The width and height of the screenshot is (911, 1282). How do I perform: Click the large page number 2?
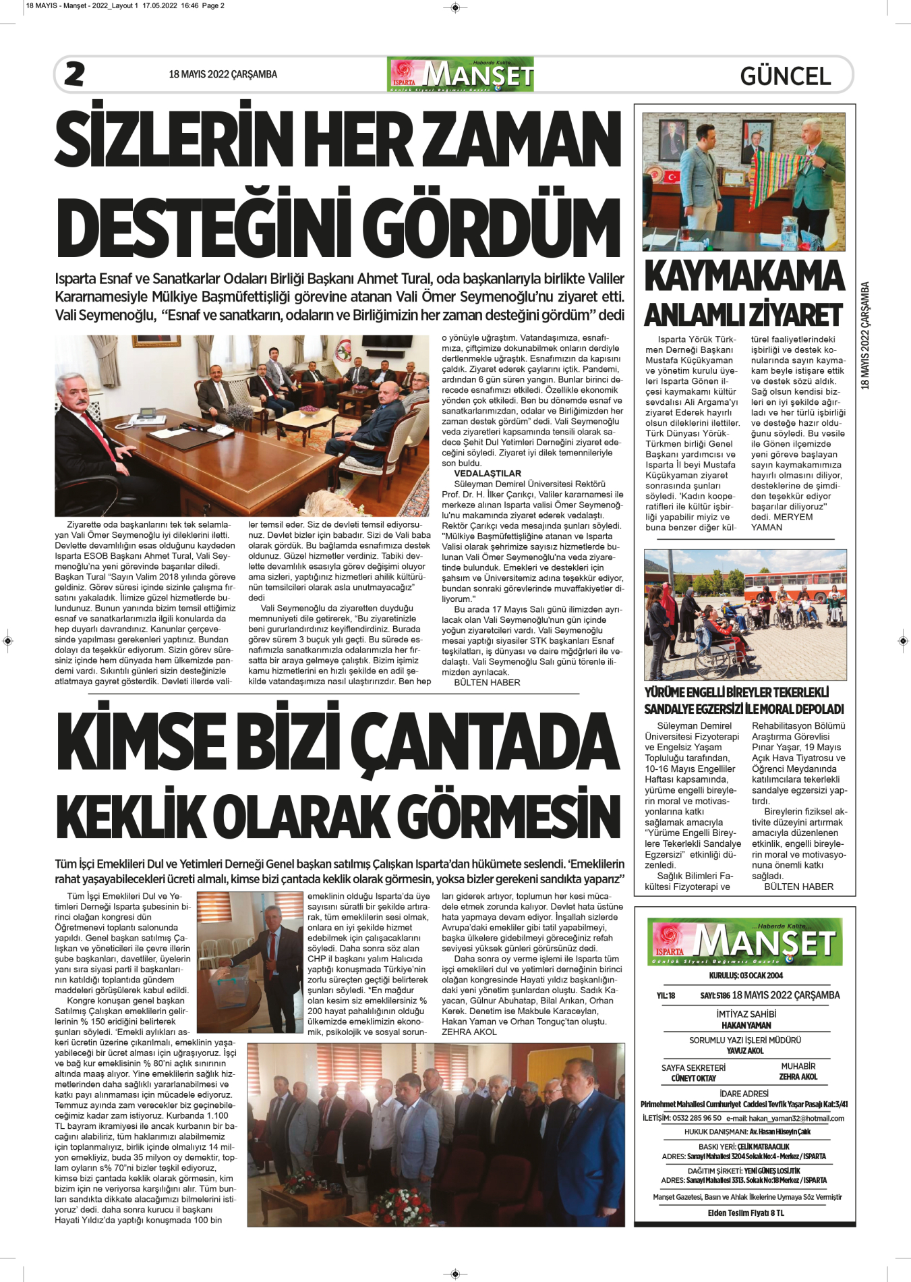tap(74, 74)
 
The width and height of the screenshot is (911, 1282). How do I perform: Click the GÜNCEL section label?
tap(785, 76)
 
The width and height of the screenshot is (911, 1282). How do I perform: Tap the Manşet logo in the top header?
tap(461, 75)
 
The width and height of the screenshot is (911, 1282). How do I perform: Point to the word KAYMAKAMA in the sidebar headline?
tap(744, 277)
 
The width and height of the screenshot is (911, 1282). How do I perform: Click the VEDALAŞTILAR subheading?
tap(488, 474)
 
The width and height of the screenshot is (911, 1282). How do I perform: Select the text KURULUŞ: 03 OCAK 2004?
tap(746, 976)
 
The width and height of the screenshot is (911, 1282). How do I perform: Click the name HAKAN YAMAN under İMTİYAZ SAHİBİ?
tap(746, 1026)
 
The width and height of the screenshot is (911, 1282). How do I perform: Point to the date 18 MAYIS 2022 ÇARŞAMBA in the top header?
tap(223, 75)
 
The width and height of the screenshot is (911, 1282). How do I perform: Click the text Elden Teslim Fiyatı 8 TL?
tap(746, 1213)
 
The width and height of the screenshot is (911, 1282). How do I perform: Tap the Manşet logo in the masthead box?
tap(745, 942)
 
